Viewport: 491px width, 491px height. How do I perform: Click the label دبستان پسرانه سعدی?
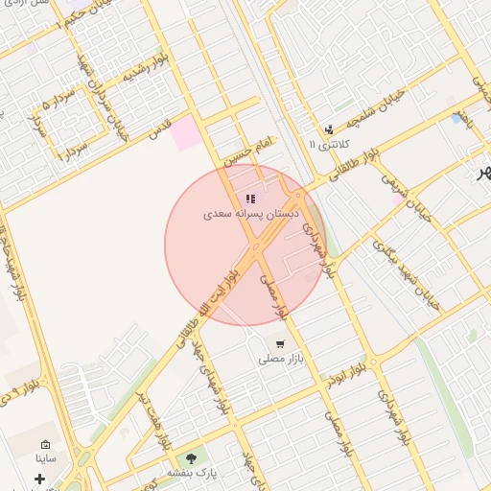[x=250, y=215]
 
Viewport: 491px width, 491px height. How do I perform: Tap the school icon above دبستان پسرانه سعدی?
[x=251, y=199]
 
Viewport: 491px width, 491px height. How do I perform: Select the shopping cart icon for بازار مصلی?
[x=280, y=343]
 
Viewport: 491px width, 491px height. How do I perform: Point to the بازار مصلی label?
[x=280, y=360]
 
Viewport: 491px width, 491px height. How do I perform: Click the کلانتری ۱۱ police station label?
[x=329, y=144]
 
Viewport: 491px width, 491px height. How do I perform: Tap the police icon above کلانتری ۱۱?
[x=330, y=129]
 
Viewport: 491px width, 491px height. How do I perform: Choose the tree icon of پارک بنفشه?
[x=194, y=457]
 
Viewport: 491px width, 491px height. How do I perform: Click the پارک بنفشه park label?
[x=194, y=474]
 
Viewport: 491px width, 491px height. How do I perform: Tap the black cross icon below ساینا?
[x=39, y=479]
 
